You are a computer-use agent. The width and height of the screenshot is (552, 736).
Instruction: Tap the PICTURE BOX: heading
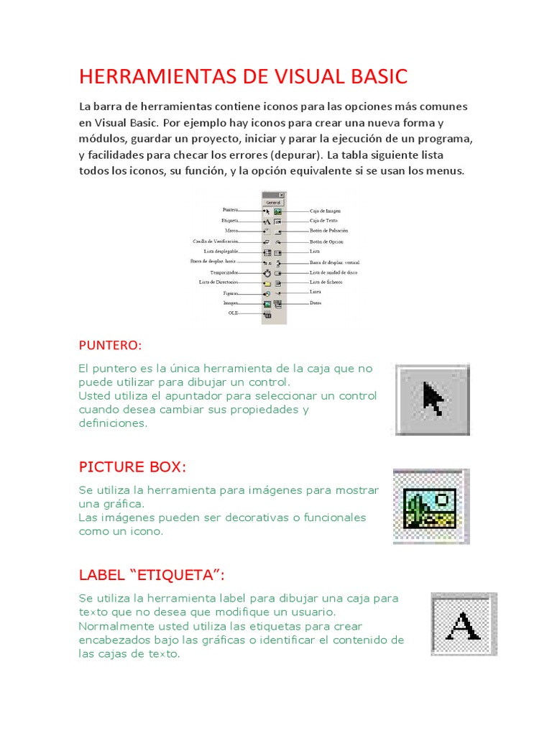click(132, 467)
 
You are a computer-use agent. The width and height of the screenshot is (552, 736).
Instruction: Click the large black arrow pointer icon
click(433, 400)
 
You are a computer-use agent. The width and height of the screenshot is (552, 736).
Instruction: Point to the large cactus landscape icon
click(430, 507)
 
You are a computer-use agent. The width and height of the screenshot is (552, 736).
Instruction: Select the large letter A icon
click(464, 624)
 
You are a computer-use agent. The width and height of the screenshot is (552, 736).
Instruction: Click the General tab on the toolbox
click(273, 203)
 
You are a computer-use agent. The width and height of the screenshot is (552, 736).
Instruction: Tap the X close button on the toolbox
click(281, 195)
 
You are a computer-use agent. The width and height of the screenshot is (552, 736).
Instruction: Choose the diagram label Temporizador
click(224, 273)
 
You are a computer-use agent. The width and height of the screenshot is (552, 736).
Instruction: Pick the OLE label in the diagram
click(233, 313)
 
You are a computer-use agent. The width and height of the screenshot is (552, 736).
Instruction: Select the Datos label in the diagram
click(316, 303)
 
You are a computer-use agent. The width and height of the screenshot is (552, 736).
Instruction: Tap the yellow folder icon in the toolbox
click(267, 284)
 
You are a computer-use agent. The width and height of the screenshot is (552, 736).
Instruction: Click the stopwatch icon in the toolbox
click(266, 273)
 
